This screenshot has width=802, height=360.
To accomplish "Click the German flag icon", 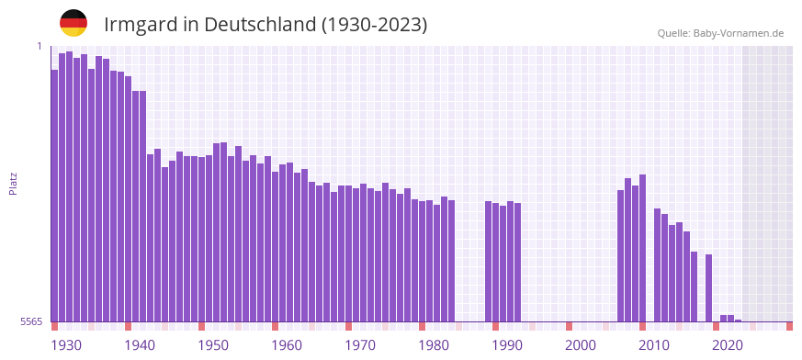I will click(x=73, y=23).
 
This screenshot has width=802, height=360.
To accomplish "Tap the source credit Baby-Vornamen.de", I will click(x=720, y=33).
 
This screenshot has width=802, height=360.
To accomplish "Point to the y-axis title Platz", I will click(x=13, y=183).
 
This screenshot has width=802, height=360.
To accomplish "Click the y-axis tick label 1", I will click(x=40, y=46).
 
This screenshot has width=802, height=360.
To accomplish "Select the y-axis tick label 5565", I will click(x=31, y=321).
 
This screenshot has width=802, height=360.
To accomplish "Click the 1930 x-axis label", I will click(x=66, y=345).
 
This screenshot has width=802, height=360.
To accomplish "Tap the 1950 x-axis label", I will click(x=213, y=345).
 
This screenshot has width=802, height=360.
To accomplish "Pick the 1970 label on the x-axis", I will click(x=360, y=345).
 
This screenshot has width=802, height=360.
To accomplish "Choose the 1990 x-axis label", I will click(x=507, y=345).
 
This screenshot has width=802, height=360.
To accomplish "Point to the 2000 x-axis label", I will click(x=581, y=345).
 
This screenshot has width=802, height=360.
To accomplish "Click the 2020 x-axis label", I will click(x=728, y=345).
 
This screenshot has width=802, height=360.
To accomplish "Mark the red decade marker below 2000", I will click(x=570, y=326).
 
